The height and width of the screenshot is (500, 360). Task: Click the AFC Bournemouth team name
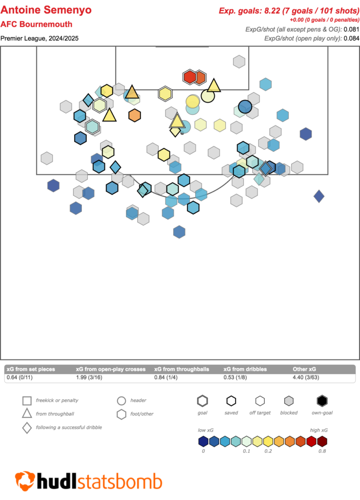(x=37, y=24)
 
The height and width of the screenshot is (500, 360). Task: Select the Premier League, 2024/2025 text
(x=40, y=38)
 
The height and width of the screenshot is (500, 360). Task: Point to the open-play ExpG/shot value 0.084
(x=351, y=38)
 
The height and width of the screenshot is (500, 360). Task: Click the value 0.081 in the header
(x=351, y=29)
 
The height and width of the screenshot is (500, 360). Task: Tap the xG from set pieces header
(x=30, y=369)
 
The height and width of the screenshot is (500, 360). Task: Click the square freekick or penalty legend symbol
(x=27, y=401)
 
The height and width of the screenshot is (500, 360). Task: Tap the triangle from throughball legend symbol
(x=27, y=414)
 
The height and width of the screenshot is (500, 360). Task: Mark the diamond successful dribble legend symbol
(x=27, y=428)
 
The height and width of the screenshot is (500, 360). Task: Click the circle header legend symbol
(x=121, y=401)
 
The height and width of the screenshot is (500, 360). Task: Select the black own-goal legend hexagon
(x=322, y=401)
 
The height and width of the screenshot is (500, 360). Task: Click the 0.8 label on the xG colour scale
(x=321, y=451)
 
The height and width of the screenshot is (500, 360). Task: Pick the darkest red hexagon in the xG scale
(x=322, y=442)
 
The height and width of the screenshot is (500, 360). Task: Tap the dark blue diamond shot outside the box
(x=319, y=196)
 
